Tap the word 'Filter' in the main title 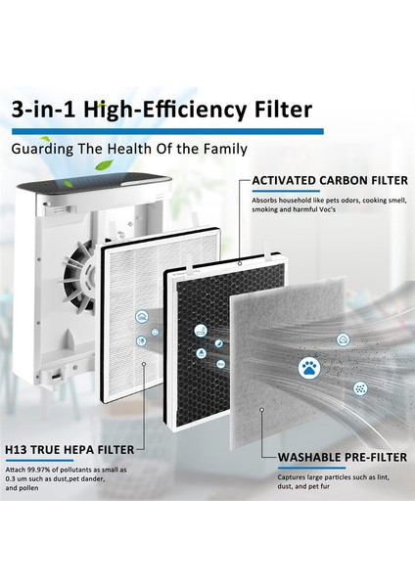(x=278, y=110)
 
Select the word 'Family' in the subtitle (x=222, y=150)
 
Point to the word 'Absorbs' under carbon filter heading (x=267, y=201)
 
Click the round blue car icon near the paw (x=344, y=339)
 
